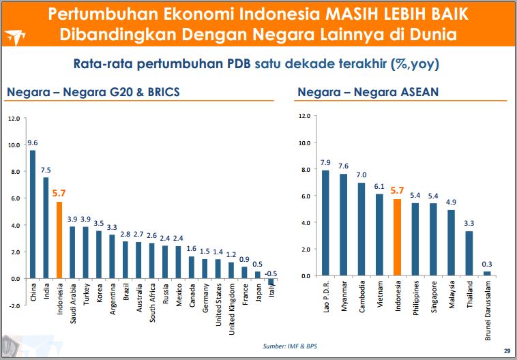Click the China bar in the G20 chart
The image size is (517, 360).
click(33, 214)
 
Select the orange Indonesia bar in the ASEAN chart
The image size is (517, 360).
click(398, 237)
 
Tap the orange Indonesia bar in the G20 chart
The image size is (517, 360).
click(59, 240)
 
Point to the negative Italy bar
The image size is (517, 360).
click(271, 282)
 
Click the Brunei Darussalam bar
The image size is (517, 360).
click(487, 273)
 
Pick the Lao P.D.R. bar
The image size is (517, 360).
click(325, 223)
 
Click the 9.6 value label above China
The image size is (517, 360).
click(33, 142)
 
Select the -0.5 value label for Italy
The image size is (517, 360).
click(271, 274)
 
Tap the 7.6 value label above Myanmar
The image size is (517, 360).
click(343, 166)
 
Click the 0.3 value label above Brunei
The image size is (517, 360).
click(487, 264)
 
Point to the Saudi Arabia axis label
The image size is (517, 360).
click(73, 303)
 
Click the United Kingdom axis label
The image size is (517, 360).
click(232, 310)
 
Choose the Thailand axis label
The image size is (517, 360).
click(469, 295)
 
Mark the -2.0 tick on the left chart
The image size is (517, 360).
click(14, 305)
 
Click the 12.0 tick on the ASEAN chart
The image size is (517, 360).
click(304, 116)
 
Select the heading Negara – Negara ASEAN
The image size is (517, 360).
click(368, 92)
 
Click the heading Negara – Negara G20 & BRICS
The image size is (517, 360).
click(93, 92)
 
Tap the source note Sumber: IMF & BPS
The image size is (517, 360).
click(290, 346)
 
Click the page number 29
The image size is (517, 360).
click(507, 351)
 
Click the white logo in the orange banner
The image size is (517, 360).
click(15, 37)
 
